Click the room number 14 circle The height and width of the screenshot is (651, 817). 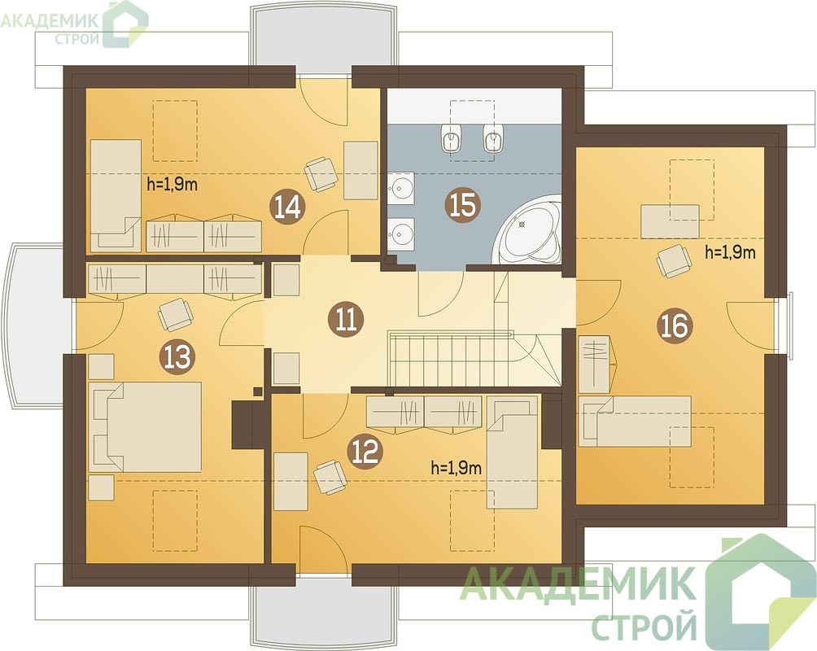(x=288, y=206)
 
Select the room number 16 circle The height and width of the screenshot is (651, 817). (x=675, y=326)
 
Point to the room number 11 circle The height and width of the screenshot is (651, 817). (x=346, y=319)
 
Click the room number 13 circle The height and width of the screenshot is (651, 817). (x=179, y=357)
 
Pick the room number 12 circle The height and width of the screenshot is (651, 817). (x=367, y=452)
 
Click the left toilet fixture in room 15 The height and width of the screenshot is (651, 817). (x=451, y=138)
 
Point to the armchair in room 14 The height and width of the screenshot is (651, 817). (x=320, y=174)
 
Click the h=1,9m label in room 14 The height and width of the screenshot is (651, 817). (x=173, y=184)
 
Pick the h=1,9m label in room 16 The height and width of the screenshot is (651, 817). (x=730, y=253)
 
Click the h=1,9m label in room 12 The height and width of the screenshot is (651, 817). (x=457, y=468)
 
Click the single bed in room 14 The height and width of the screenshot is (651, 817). (x=116, y=196)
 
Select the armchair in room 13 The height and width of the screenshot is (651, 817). (x=176, y=314)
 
